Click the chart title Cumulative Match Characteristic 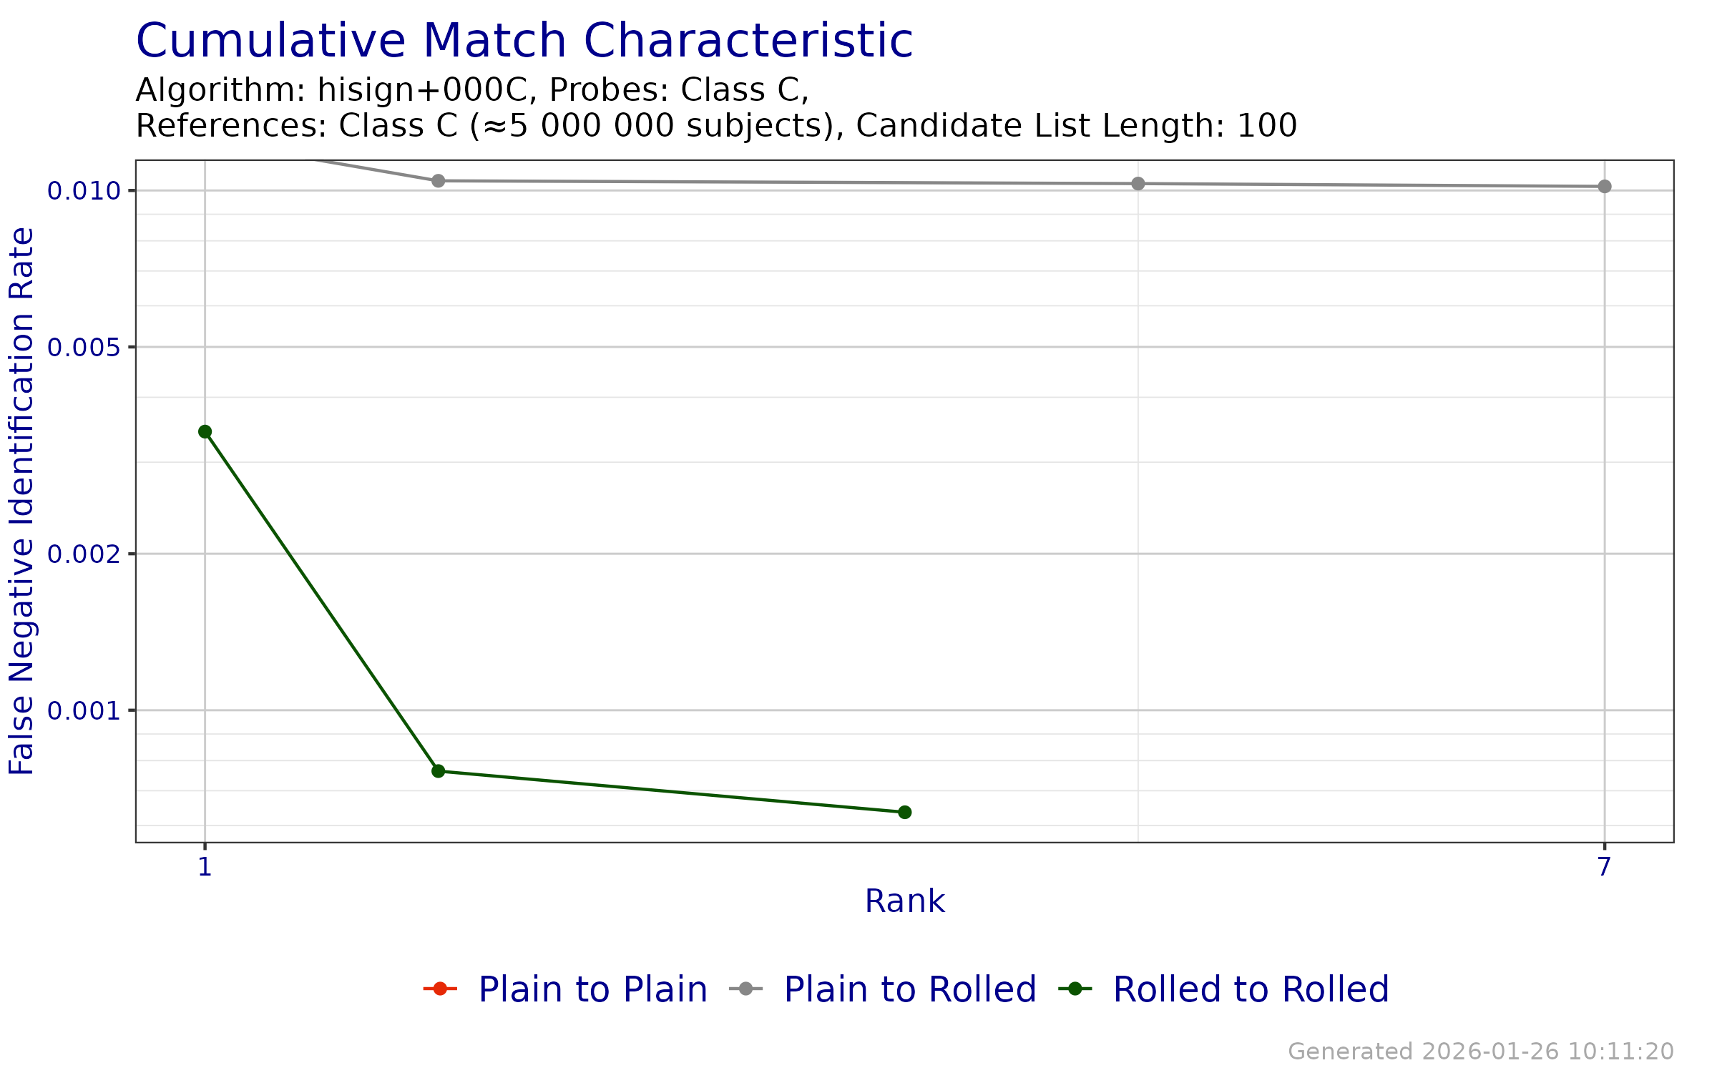point(524,41)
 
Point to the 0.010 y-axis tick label point(83,191)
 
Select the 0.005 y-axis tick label point(83,348)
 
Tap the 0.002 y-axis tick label point(83,554)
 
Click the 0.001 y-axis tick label point(83,710)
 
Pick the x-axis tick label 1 point(205,867)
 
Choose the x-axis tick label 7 point(1605,867)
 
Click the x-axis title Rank point(904,901)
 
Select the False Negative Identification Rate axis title point(21,501)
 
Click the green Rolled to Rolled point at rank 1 point(205,431)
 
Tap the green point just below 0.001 point(439,771)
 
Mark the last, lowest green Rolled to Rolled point point(905,812)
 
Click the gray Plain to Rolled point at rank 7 point(1605,186)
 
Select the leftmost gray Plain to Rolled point point(439,181)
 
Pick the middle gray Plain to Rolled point point(1138,184)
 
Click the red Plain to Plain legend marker point(440,989)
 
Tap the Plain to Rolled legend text point(910,989)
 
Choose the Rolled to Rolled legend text point(1251,989)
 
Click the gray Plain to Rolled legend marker point(746,989)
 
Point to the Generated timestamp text point(1480,1052)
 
